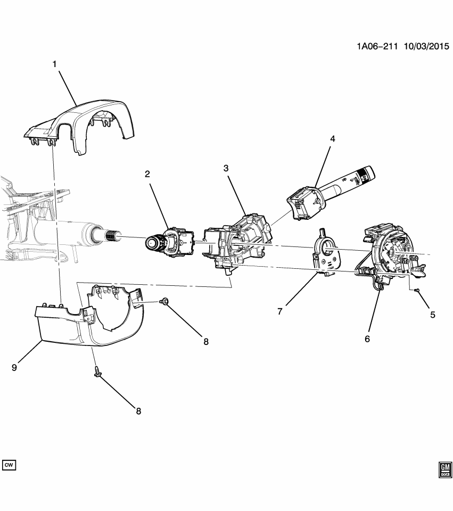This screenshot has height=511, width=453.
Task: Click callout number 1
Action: (54, 64)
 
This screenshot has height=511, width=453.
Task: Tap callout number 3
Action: (226, 168)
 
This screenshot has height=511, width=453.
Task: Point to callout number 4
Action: (332, 139)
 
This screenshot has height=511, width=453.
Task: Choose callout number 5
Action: (432, 315)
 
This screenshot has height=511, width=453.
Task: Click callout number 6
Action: (367, 339)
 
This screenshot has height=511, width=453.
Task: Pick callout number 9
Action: (14, 367)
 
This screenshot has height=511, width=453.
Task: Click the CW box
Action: (9, 465)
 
